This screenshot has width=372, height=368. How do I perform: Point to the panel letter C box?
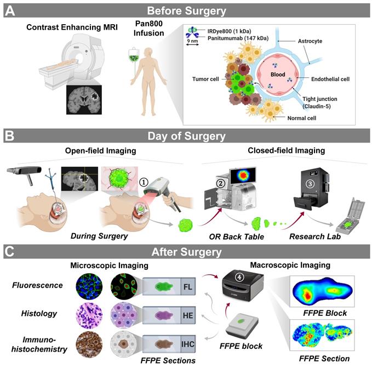pos(9,253)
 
